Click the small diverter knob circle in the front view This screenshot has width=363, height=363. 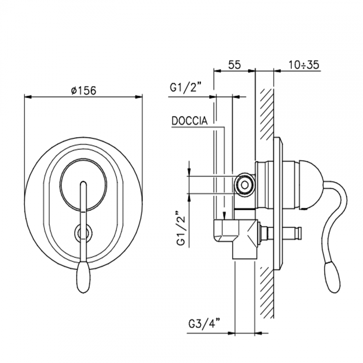point(83,232)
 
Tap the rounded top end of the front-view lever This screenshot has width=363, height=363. point(83,184)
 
